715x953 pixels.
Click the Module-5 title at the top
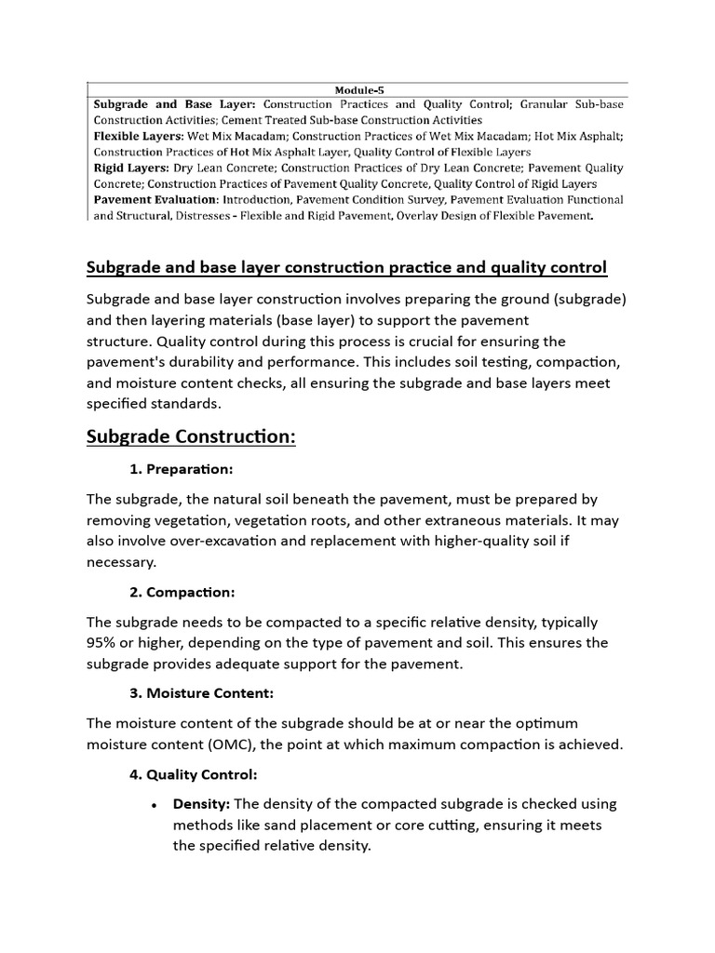coord(358,89)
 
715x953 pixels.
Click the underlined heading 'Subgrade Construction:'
coord(191,436)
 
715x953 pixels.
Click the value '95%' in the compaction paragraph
coord(103,643)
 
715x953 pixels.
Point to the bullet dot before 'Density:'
coord(153,805)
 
